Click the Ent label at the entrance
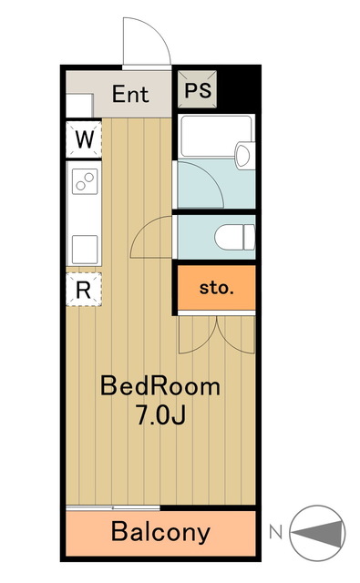click(x=130, y=94)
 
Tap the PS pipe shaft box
click(x=197, y=89)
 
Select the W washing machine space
click(x=84, y=139)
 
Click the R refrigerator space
click(x=84, y=290)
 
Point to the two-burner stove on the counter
click(x=85, y=181)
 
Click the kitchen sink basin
click(x=85, y=249)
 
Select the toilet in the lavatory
click(x=234, y=237)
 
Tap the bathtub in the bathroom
click(x=216, y=137)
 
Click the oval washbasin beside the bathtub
click(x=242, y=156)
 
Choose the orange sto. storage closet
click(x=216, y=288)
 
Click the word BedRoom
click(x=160, y=386)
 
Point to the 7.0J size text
click(x=160, y=415)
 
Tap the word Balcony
click(x=160, y=532)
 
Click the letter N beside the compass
click(x=275, y=532)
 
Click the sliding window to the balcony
click(x=113, y=507)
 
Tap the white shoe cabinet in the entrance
click(x=79, y=106)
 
